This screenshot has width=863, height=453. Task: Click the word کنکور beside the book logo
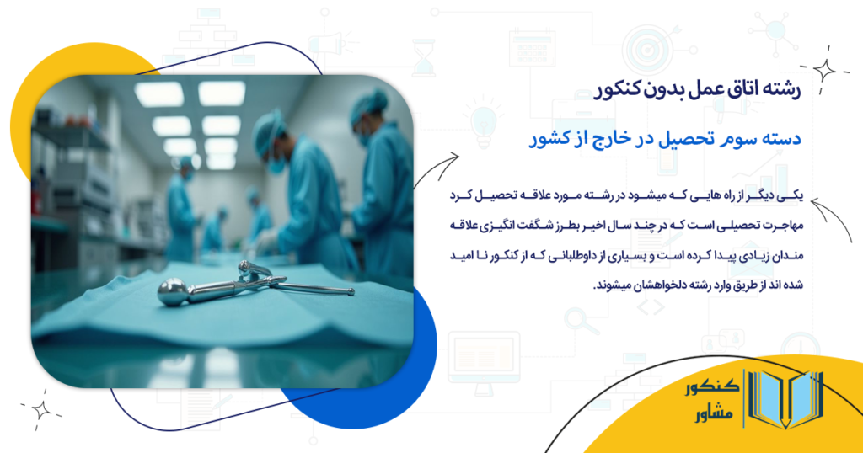(712, 388)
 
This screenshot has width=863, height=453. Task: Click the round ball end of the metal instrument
(173, 290)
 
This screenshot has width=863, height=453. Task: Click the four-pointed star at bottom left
(41, 409)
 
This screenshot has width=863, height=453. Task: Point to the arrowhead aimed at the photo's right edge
(455, 158)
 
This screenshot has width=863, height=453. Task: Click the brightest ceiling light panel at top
(221, 93)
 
